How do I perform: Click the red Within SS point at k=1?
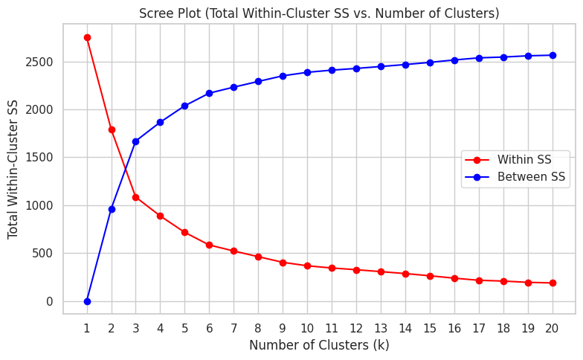point(87,37)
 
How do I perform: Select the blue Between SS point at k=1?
point(87,301)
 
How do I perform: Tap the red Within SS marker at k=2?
point(112,129)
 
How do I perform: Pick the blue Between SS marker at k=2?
point(112,209)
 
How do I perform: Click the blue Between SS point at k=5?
point(184,106)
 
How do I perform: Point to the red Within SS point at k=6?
point(209,245)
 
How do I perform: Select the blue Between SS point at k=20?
point(551,55)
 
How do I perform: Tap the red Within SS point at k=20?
point(551,283)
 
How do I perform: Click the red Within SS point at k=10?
point(307,266)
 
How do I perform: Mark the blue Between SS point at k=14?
point(405,65)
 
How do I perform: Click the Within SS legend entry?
point(524,160)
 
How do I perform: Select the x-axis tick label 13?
point(380,328)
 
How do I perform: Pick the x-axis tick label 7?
point(233,328)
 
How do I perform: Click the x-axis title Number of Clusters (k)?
point(319,345)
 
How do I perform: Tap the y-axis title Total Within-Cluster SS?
point(13,169)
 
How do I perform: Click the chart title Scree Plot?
point(319,13)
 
